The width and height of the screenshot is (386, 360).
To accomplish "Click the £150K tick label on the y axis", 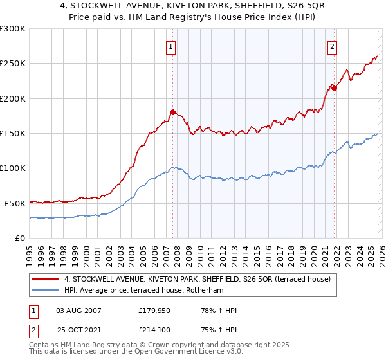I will point(13,133).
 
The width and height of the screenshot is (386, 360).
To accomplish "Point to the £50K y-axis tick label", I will point(15,203).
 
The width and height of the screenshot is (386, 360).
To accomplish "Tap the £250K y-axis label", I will point(13,64).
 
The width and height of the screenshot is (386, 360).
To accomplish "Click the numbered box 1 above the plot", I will point(171,46).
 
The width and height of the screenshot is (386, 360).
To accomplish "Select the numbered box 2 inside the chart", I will point(332,46).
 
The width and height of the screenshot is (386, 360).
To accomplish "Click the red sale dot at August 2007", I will point(172,113).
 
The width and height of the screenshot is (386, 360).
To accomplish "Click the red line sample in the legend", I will point(46,279).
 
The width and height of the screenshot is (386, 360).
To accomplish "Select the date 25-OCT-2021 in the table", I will point(78,330).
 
